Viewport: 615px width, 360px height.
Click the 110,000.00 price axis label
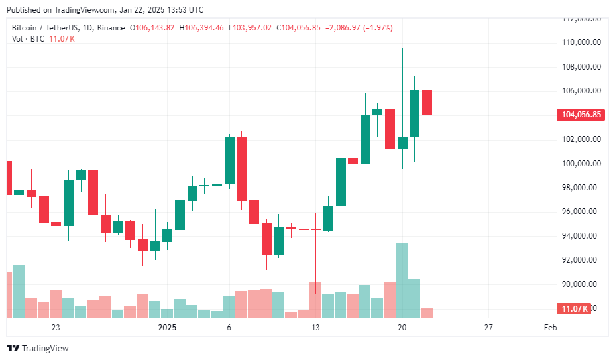coord(581,42)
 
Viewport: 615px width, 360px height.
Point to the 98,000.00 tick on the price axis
coord(581,188)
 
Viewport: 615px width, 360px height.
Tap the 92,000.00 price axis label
coord(581,260)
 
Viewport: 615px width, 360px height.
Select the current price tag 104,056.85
coord(581,115)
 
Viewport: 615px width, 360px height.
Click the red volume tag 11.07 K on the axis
coord(574,309)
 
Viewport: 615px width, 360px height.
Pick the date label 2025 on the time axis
coord(167,328)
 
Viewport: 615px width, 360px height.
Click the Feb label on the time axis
coord(549,328)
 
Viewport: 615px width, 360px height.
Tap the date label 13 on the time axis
coord(315,328)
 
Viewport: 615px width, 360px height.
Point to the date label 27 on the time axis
coord(488,328)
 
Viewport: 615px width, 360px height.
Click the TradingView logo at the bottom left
coord(38,348)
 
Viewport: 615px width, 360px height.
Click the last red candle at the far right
coord(427,102)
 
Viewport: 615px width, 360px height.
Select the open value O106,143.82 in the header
coord(152,28)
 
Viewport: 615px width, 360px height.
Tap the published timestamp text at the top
coord(105,10)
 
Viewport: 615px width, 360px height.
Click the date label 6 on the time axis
coord(229,328)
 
